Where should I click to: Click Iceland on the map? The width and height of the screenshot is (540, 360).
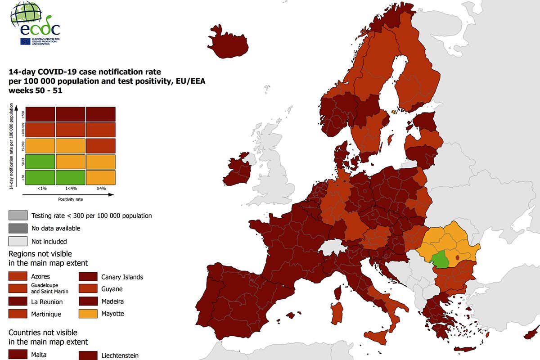tap(228, 42)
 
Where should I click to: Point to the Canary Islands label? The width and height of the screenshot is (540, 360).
tap(122, 277)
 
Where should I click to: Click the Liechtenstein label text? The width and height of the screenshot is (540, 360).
tap(120, 355)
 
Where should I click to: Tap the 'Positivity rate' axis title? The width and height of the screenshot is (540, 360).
tap(70, 198)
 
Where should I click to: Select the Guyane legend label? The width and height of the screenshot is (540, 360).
tap(112, 289)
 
